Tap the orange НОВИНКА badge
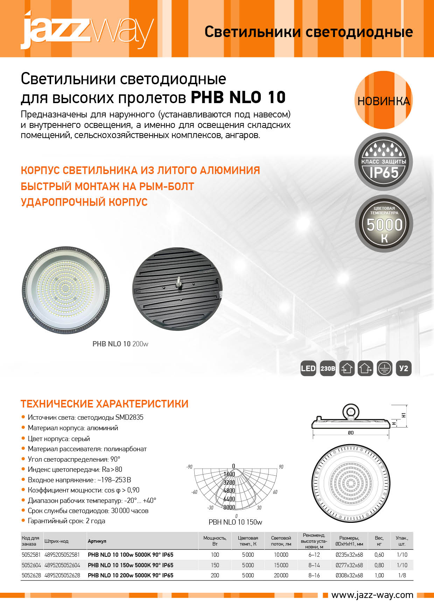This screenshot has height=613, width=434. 384,101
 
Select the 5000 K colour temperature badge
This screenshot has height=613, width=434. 384,224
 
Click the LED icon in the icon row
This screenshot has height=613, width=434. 308,368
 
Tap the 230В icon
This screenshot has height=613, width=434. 328,368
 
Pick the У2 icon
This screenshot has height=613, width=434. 404,368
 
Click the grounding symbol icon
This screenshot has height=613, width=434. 384,368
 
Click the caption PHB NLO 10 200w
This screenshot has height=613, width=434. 120,344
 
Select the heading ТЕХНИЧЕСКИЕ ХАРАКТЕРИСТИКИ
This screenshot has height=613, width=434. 104,404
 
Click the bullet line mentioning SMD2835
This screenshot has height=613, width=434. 85,417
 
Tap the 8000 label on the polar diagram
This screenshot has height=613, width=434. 229,507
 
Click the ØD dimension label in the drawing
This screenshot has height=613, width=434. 351,433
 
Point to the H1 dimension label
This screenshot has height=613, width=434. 404,415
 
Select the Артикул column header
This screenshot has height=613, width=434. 97,541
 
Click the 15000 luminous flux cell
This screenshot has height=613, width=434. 281,565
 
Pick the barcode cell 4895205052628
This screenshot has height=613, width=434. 62,575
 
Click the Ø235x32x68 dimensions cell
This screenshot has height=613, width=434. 349,555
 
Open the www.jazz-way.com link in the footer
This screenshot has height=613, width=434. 372,595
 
